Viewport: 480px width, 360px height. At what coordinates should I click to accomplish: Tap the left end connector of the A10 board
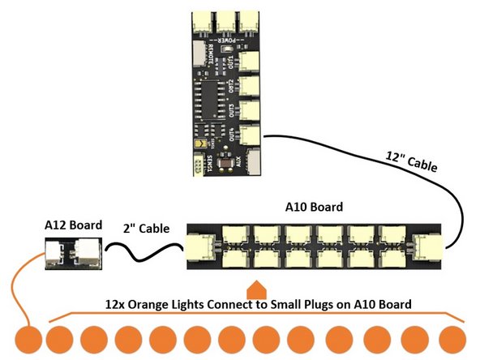[x=201, y=246]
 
